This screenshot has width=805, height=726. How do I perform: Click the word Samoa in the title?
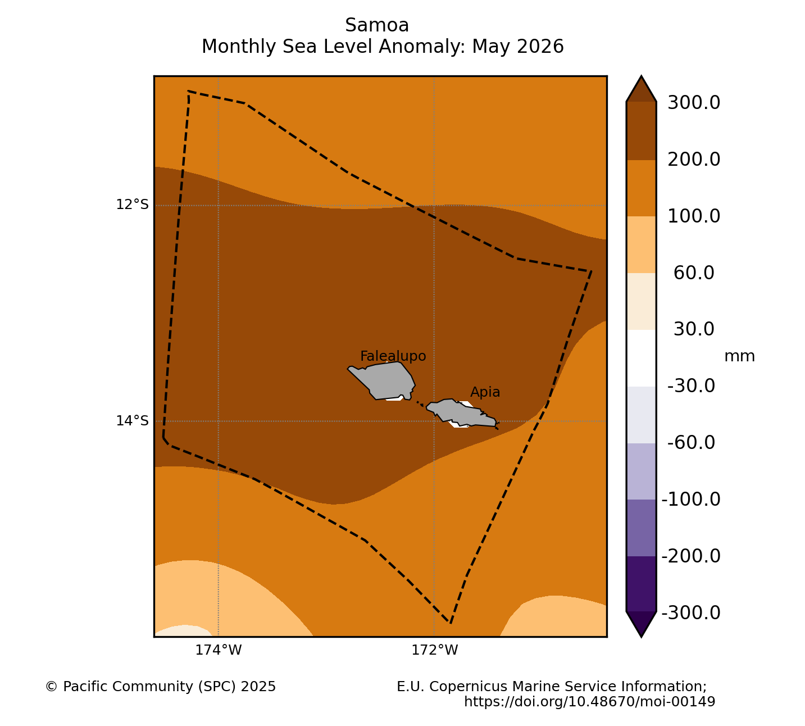[x=377, y=25]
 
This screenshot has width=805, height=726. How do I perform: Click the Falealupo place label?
[x=393, y=356]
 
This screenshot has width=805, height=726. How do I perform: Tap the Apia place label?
[x=485, y=392]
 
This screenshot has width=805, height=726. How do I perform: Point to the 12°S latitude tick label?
[x=133, y=205]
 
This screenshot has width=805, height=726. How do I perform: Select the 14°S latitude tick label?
[x=133, y=421]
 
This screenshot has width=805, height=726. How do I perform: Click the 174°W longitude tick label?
[x=219, y=650]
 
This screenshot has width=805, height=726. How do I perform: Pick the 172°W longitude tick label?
[x=435, y=650]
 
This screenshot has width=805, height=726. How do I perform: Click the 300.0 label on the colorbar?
[x=694, y=103]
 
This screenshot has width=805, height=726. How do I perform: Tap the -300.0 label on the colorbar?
[x=691, y=613]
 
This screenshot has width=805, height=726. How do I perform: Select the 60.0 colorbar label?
[x=694, y=273]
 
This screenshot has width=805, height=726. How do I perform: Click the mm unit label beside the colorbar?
[x=740, y=357]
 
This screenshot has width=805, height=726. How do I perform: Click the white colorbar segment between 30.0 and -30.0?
[x=642, y=358]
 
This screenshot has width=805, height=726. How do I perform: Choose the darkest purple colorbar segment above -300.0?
[x=642, y=584]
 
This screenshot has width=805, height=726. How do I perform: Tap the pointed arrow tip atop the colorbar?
[x=642, y=76]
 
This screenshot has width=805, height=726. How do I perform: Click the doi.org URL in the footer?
[x=589, y=701]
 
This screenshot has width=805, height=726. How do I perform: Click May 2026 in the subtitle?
[x=518, y=47]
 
